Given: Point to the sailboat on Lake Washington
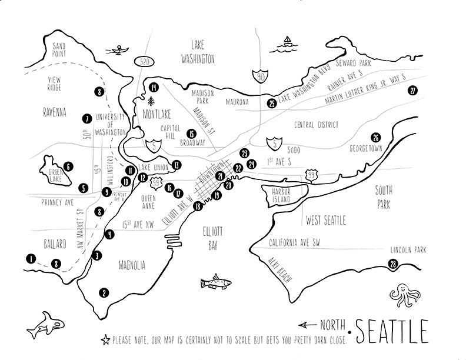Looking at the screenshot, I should click(x=288, y=42).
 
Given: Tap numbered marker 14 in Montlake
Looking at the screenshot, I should click(x=154, y=87).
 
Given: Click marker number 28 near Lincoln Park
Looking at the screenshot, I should click(x=393, y=265).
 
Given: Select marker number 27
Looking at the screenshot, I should click(x=412, y=90).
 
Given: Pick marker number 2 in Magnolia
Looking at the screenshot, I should click(x=104, y=292).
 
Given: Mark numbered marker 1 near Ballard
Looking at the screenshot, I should click(x=30, y=258).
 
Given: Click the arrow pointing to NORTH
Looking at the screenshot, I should click(x=308, y=324).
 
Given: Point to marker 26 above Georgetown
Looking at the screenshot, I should click(x=376, y=136).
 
